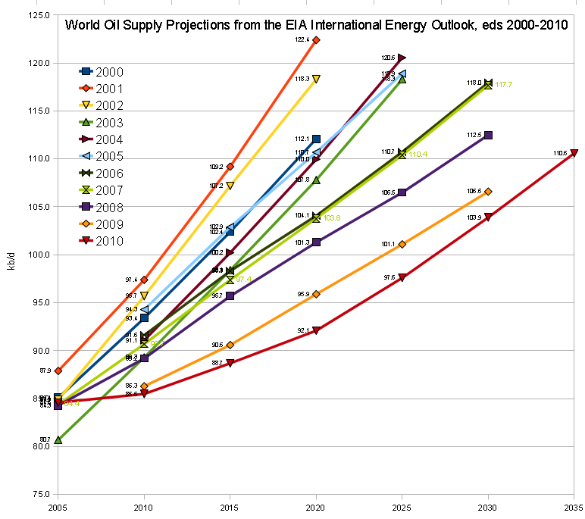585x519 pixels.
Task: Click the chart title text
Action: (317, 25)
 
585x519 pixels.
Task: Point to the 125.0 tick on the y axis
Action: (39, 15)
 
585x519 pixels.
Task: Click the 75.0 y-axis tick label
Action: (39, 494)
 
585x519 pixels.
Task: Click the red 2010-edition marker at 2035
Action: (574, 153)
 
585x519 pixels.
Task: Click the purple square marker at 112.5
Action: (488, 135)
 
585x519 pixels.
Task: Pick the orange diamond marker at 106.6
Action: (488, 191)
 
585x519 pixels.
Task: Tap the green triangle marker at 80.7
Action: (58, 439)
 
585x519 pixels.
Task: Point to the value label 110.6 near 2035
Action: (560, 153)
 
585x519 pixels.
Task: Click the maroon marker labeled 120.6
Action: (402, 58)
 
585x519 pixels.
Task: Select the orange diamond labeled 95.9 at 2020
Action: (316, 293)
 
